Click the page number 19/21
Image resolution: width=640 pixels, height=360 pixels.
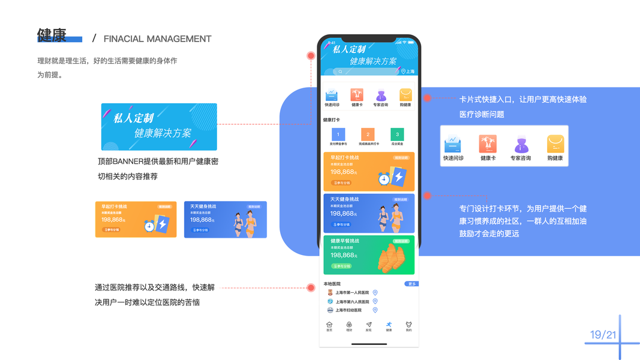coord(603,334)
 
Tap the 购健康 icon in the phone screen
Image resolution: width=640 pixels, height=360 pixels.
coord(405,95)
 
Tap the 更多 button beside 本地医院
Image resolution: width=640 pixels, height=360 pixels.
coord(411,284)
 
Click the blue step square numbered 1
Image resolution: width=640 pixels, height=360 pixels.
coord(338,134)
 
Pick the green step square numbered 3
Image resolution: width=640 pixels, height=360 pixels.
coord(396,134)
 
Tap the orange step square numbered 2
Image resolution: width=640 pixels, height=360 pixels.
coord(367,134)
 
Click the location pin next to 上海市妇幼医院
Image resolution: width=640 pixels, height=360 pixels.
coord(375,310)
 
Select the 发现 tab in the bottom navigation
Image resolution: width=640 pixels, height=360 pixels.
coord(368,326)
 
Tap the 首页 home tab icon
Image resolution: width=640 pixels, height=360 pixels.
coord(329,326)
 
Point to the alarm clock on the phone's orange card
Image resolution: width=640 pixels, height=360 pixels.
coord(384,178)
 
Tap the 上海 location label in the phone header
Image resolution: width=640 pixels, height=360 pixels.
coord(407,71)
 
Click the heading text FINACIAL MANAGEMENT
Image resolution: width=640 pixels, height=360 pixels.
coord(157,39)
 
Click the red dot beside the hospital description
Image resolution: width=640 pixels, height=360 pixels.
coord(311,288)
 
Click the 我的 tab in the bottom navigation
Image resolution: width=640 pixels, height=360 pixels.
coord(408,326)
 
